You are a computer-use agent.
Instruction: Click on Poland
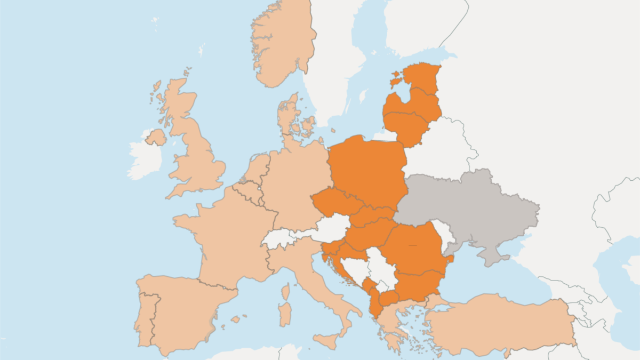(x=368, y=171)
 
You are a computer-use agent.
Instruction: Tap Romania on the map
(x=413, y=248)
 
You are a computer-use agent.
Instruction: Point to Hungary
(x=368, y=235)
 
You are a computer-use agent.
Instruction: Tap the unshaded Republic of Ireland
(x=144, y=160)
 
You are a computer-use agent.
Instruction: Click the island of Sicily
(x=328, y=340)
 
